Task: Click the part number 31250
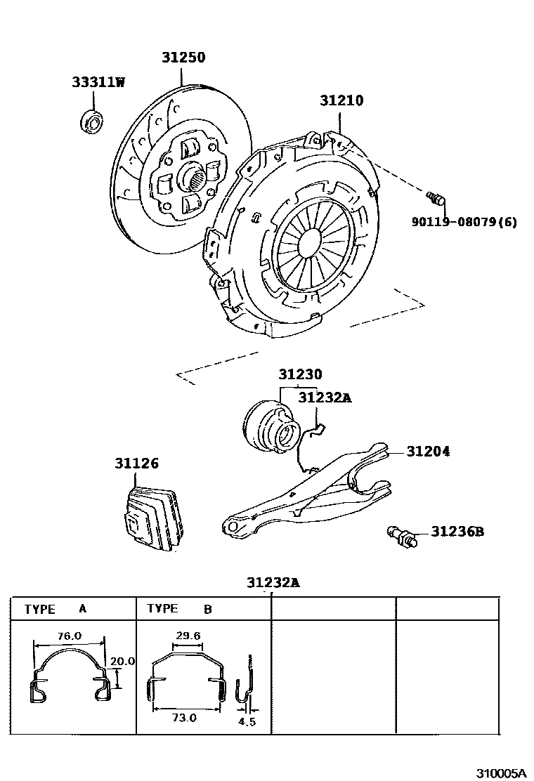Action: click(184, 58)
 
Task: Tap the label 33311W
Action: click(98, 82)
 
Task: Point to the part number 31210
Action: click(341, 100)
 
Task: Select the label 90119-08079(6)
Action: click(464, 222)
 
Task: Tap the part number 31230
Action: click(300, 375)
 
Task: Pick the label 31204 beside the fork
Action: click(428, 452)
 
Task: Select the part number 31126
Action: click(137, 464)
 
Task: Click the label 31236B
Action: click(457, 532)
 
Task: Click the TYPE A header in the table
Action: click(56, 609)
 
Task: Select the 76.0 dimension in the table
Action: click(69, 636)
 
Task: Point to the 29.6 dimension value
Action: click(188, 636)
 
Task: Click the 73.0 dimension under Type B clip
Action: click(185, 718)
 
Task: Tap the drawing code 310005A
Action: click(502, 773)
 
